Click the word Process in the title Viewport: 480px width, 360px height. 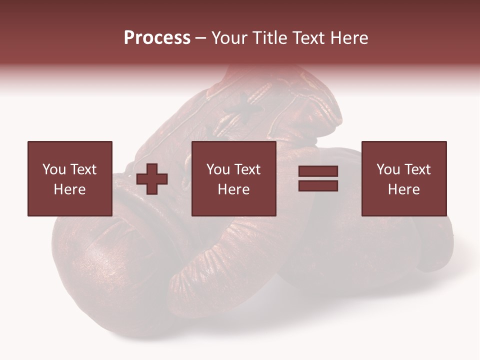[157, 38]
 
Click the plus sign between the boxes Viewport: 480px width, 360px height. [152, 179]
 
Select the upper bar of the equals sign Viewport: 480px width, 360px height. [318, 171]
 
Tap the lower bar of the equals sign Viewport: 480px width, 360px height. [318, 185]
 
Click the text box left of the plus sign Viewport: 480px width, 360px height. [69, 178]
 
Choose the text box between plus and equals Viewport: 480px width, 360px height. [233, 178]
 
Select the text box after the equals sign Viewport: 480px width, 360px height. [403, 178]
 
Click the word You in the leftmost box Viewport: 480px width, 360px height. [54, 169]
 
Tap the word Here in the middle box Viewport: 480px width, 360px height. [233, 189]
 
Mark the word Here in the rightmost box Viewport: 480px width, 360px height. [403, 189]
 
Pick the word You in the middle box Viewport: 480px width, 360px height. [218, 169]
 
